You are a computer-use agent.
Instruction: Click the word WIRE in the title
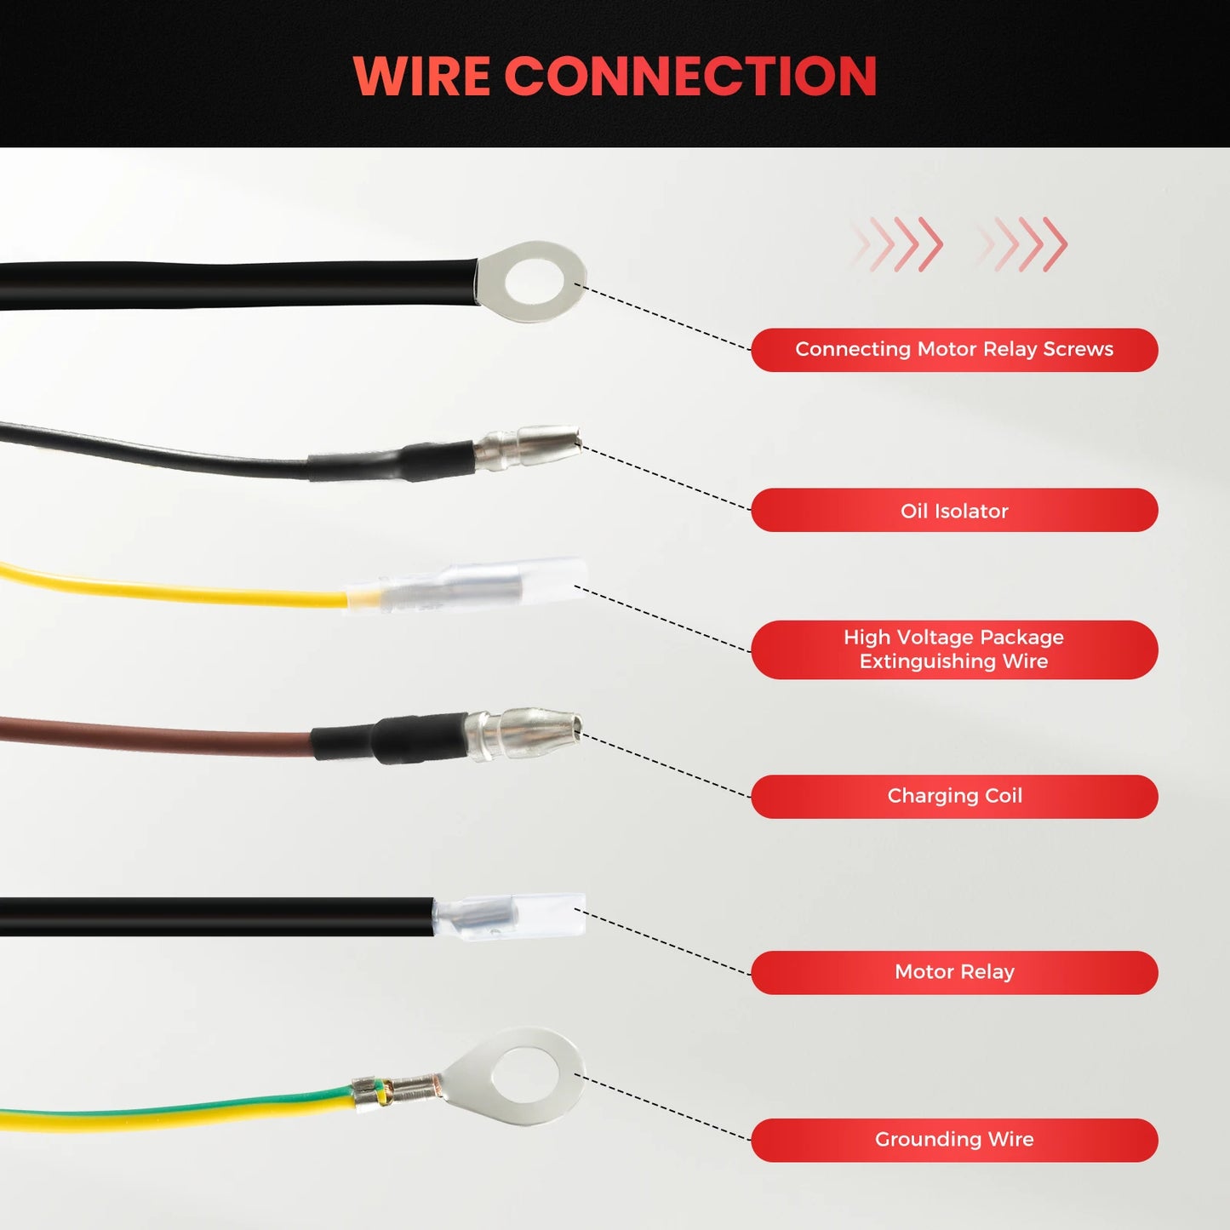(x=421, y=76)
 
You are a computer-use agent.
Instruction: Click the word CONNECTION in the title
(x=691, y=76)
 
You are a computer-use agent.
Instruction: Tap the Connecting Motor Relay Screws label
(x=954, y=350)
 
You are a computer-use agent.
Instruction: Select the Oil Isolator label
(x=954, y=510)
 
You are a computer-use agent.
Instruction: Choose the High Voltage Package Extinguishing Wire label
(x=954, y=649)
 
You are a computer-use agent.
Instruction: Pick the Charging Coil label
(x=954, y=796)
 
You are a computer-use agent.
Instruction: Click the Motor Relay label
(x=954, y=972)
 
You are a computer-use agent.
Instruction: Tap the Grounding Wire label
(x=954, y=1140)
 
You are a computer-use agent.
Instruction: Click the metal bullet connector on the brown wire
(x=524, y=733)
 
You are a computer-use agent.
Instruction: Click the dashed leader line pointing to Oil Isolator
(x=665, y=478)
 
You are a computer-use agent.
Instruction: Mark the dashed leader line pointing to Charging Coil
(x=665, y=764)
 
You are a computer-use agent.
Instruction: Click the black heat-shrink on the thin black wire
(x=392, y=461)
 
